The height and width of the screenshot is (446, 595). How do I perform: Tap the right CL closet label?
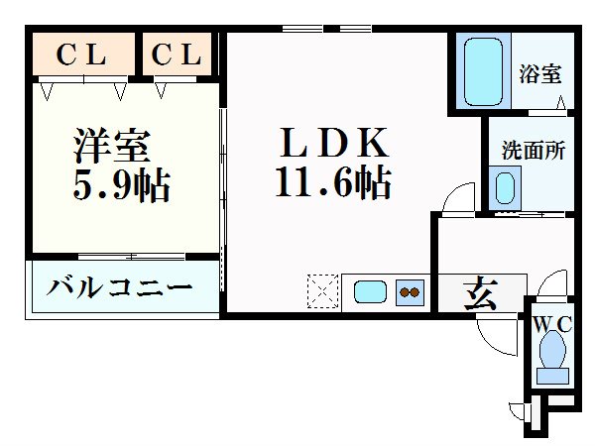pyautogui.click(x=178, y=56)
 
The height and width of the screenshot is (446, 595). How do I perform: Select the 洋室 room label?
pyautogui.click(x=111, y=146)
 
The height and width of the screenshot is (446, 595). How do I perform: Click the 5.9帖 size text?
pyautogui.click(x=120, y=184)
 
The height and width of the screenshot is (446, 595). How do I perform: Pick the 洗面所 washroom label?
pyautogui.click(x=533, y=151)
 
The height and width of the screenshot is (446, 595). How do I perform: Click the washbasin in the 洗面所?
pyautogui.click(x=506, y=186)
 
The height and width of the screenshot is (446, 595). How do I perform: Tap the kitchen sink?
pyautogui.click(x=372, y=292)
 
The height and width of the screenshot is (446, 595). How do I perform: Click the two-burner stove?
pyautogui.click(x=410, y=292)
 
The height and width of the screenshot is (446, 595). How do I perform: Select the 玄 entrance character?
pyautogui.click(x=480, y=294)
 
